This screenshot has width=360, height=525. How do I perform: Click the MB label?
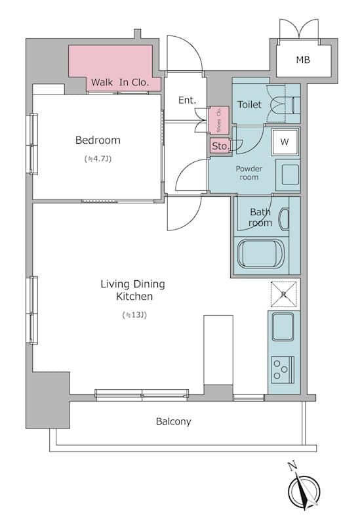303,60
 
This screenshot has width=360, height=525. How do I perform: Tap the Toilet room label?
249,104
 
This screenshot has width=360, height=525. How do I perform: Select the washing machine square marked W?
285,142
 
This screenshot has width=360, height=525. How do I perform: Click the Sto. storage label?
220,146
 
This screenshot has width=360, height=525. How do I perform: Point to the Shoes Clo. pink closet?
219,120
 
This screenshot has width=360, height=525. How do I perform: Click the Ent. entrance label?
187,100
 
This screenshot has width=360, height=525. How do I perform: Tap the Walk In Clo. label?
120,82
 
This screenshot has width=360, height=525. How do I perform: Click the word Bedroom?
98,140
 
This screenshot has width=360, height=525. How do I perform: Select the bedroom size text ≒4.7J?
98,159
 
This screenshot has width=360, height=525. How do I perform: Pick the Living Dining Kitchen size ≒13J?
134,315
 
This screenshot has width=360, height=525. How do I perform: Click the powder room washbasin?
288,175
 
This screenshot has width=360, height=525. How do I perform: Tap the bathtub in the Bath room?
260,253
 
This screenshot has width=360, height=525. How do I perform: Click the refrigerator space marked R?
284,294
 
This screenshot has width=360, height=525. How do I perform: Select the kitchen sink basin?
283,326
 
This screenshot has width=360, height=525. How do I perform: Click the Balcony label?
173,421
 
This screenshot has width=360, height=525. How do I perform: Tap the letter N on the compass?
292,466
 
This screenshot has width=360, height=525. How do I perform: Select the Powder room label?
249,173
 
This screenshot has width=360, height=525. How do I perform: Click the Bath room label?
260,217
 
